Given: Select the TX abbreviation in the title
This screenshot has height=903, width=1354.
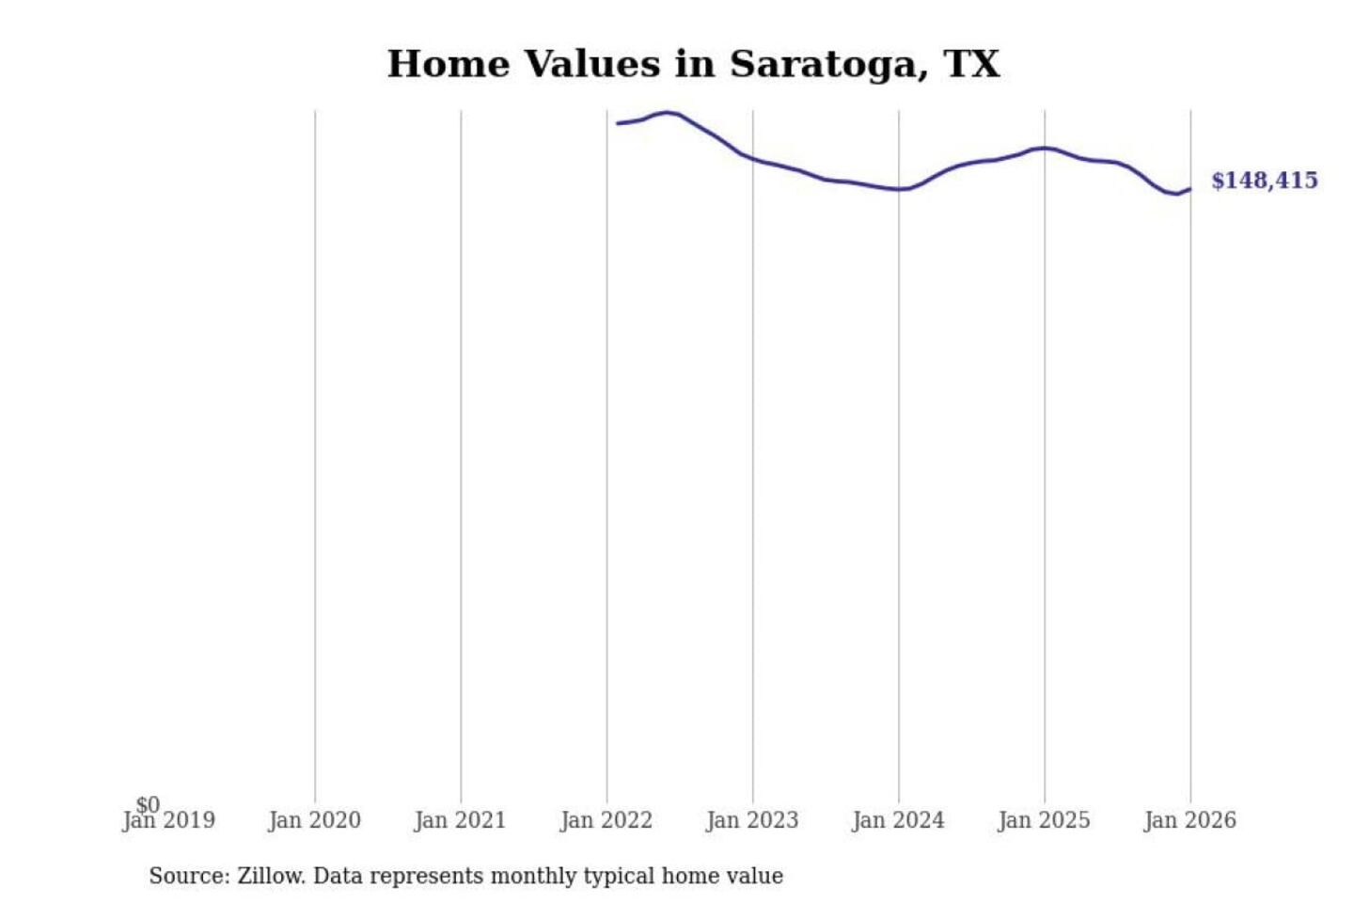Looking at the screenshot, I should (x=971, y=65).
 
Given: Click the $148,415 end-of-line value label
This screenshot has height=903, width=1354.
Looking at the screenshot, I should (x=1264, y=181).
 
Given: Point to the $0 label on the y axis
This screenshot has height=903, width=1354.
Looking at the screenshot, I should (x=148, y=805).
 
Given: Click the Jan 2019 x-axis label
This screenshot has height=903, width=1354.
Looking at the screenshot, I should (x=169, y=820).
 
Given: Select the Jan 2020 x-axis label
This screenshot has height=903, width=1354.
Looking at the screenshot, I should (x=314, y=820).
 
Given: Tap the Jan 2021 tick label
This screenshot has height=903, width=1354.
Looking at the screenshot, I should (x=460, y=820).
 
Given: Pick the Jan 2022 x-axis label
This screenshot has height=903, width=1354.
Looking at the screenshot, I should (x=606, y=820).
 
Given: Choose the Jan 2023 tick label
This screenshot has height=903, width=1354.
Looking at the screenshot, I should (x=752, y=820).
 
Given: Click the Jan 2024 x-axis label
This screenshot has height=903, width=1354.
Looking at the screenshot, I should (x=898, y=820).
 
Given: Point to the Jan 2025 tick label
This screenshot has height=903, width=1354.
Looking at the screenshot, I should (x=1044, y=820).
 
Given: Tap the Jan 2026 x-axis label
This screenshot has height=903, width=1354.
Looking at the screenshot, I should (x=1189, y=820).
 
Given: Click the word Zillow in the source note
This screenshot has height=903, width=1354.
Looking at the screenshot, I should (x=271, y=876).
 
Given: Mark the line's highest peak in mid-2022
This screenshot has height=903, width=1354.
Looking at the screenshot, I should (x=667, y=113).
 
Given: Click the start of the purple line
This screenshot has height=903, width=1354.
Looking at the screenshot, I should (x=618, y=123).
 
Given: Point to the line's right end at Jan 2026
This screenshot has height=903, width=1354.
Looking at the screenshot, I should (x=1189, y=189).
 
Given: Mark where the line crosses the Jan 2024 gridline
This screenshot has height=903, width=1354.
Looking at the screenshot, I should (x=899, y=189).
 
